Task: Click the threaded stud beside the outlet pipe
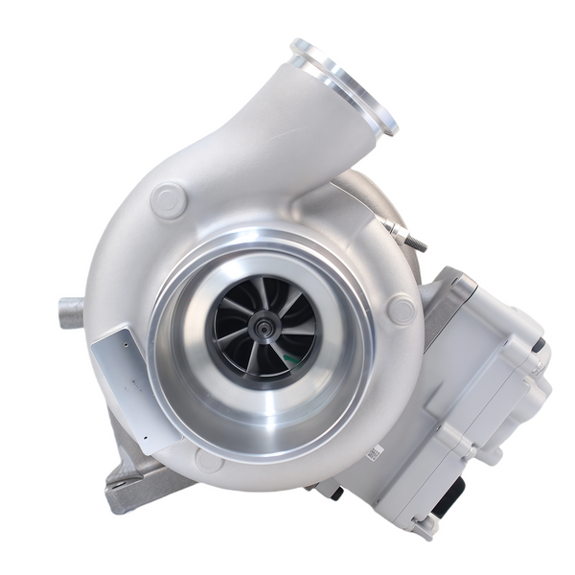(406, 235)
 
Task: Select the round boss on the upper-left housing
(169, 200)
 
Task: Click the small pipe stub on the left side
(72, 312)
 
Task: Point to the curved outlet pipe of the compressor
(287, 144)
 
